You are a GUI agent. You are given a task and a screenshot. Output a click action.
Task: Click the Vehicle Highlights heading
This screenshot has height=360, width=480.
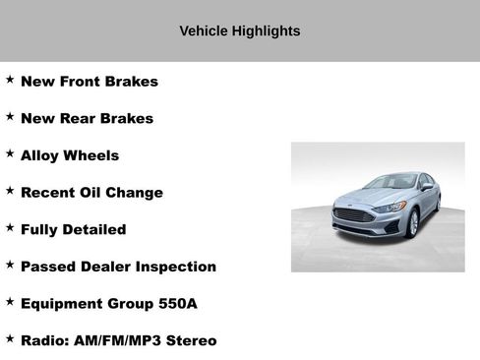tap(240, 30)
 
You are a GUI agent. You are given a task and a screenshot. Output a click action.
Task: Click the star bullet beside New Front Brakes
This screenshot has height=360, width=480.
tap(10, 80)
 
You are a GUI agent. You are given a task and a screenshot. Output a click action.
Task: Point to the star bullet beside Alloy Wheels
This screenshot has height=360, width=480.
tap(10, 153)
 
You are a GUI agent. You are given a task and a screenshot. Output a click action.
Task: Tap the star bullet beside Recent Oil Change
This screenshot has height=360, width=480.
tap(10, 191)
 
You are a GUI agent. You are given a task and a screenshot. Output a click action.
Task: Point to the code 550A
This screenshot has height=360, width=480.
tap(178, 304)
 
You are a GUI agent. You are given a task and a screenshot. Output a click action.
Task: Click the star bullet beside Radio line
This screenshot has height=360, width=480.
tap(10, 338)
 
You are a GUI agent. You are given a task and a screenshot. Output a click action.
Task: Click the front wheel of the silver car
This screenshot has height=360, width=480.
tap(413, 224)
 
